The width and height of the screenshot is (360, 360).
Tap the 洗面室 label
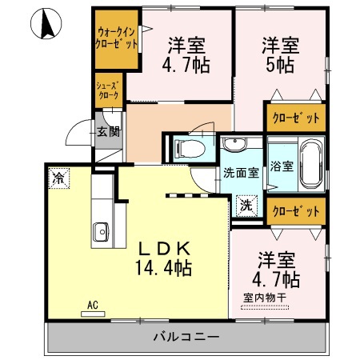240,171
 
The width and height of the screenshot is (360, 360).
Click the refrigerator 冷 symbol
58,178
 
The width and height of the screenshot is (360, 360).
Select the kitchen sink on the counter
101,233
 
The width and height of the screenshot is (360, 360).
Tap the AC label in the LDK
93,304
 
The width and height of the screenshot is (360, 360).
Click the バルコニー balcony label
186,337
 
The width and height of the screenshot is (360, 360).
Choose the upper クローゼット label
296,118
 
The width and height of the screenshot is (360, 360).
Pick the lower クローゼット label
296,212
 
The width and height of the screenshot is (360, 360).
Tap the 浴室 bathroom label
282,167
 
